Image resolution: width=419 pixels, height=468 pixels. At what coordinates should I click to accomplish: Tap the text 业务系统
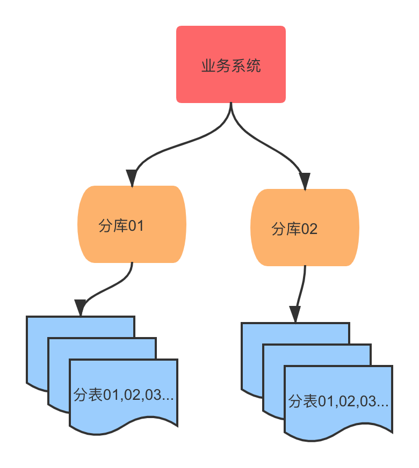[231, 67]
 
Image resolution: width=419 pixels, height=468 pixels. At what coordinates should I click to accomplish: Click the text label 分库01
[121, 226]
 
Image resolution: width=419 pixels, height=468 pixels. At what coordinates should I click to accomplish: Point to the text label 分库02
[294, 229]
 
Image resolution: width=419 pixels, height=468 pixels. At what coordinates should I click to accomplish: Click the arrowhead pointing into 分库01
[131, 178]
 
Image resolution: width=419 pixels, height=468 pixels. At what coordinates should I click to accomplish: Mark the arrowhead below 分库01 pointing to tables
[81, 308]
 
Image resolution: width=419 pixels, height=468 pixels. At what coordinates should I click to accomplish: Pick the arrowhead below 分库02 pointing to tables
[295, 314]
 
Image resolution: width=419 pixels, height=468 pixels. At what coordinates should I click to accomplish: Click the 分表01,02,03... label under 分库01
[124, 396]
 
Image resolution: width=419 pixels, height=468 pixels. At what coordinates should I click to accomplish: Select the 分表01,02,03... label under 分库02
[338, 401]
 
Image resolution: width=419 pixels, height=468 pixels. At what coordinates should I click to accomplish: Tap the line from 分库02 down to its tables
[303, 287]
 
